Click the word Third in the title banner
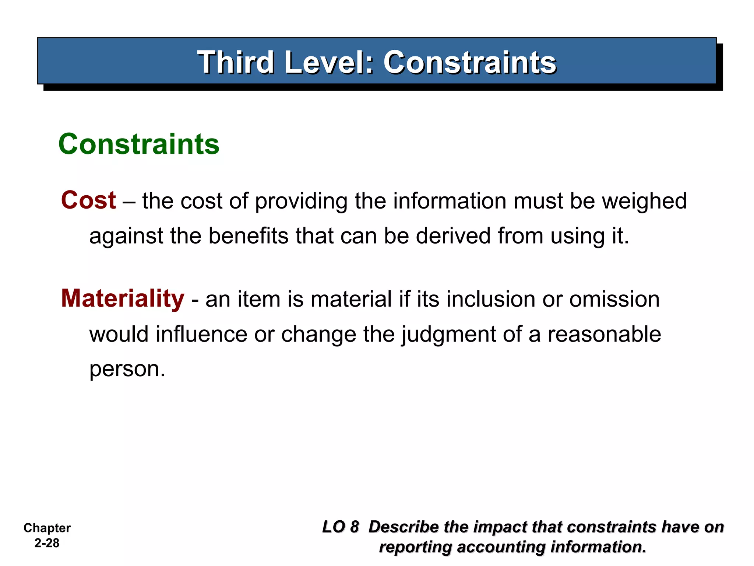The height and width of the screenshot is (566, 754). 236,62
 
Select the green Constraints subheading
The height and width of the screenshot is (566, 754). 139,144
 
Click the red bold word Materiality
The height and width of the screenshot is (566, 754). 123,298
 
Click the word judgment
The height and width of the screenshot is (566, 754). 448,335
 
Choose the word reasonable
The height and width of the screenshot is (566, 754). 604,334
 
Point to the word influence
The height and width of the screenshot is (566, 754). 201,334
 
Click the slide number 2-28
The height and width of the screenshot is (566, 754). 47,543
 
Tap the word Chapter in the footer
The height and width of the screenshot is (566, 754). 47,528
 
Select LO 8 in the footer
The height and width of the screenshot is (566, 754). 340,527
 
